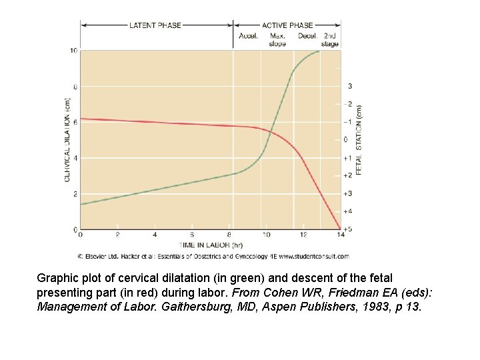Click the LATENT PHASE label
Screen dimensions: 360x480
(x=156, y=25)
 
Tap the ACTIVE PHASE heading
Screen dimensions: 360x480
(x=288, y=25)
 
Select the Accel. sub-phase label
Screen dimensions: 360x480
(x=249, y=36)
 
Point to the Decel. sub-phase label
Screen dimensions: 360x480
(x=307, y=36)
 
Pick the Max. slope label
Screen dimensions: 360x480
(x=277, y=39)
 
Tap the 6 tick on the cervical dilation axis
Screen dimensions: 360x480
(x=74, y=122)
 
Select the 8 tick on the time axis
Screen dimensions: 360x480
(x=229, y=235)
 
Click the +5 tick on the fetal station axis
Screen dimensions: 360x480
(x=349, y=229)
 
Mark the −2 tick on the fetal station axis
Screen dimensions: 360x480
(x=348, y=104)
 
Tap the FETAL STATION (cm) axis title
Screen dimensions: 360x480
(x=359, y=140)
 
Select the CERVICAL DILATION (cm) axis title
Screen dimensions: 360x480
(x=67, y=140)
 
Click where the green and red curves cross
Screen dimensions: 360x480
(x=269, y=131)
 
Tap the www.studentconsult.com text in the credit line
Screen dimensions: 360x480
(x=313, y=256)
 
